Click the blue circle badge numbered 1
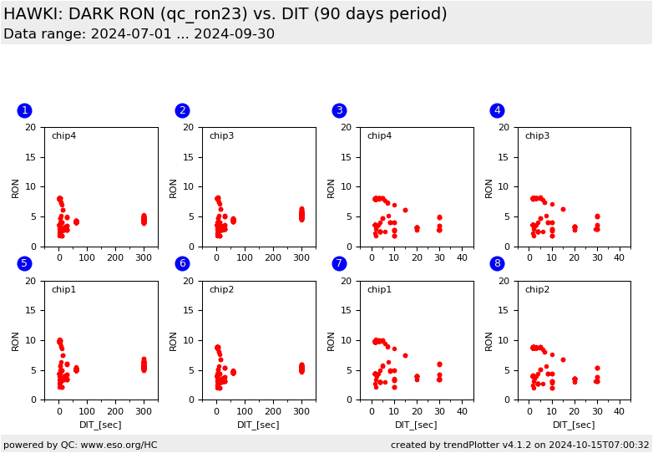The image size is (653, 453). point(24,110)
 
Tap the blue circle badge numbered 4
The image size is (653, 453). point(497,110)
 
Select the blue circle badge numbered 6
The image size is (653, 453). point(182,263)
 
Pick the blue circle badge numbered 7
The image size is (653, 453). point(339,263)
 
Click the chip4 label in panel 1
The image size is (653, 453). point(63,136)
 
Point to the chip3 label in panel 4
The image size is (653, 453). point(537,136)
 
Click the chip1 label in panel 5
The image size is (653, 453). point(63,290)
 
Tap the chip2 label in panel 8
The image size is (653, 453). point(537,290)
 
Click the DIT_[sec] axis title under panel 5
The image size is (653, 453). point(100,425)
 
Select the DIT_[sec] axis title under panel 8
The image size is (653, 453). point(574,425)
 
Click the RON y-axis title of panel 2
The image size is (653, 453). point(174,187)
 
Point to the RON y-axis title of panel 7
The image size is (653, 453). point(332,340)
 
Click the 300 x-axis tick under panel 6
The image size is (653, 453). point(301,412)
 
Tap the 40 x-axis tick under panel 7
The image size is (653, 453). point(462,412)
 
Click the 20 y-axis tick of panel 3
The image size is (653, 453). point(351,128)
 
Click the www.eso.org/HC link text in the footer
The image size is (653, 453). point(115,445)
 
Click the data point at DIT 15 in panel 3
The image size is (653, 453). point(406,211)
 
